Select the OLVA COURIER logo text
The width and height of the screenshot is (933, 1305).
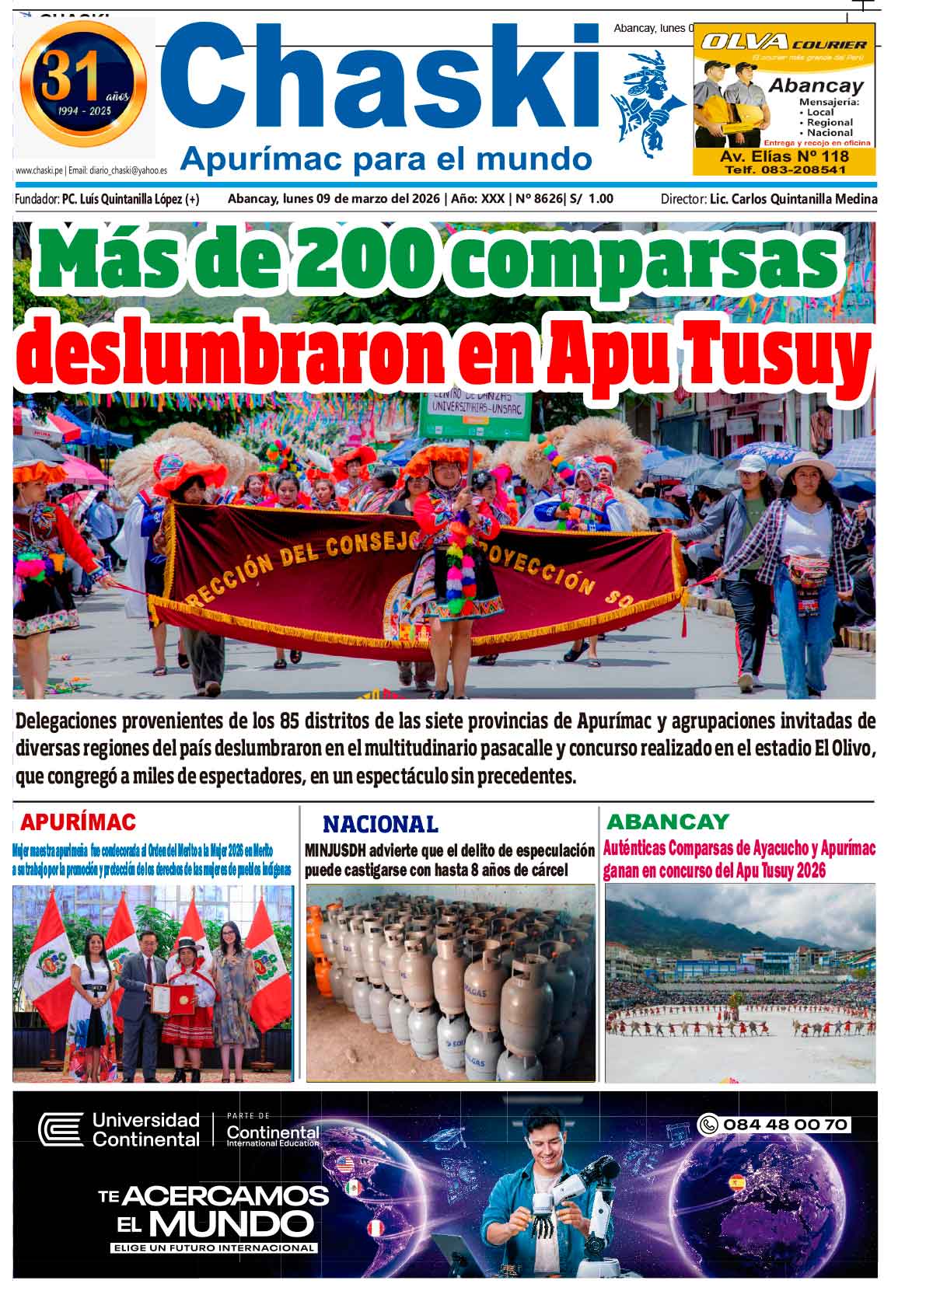(x=783, y=43)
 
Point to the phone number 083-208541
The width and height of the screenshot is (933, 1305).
(x=784, y=169)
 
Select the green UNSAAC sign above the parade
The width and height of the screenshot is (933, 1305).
(x=473, y=414)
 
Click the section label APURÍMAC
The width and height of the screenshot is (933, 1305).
(x=78, y=822)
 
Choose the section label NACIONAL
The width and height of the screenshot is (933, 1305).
(x=380, y=824)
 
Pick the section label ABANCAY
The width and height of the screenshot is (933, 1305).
(x=667, y=822)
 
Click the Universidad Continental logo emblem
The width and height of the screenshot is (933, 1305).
(x=61, y=1130)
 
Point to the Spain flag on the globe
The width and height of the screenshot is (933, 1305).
(x=736, y=1184)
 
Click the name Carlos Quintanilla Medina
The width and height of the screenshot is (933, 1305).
(x=794, y=199)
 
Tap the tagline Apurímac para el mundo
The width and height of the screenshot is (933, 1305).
(x=386, y=159)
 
